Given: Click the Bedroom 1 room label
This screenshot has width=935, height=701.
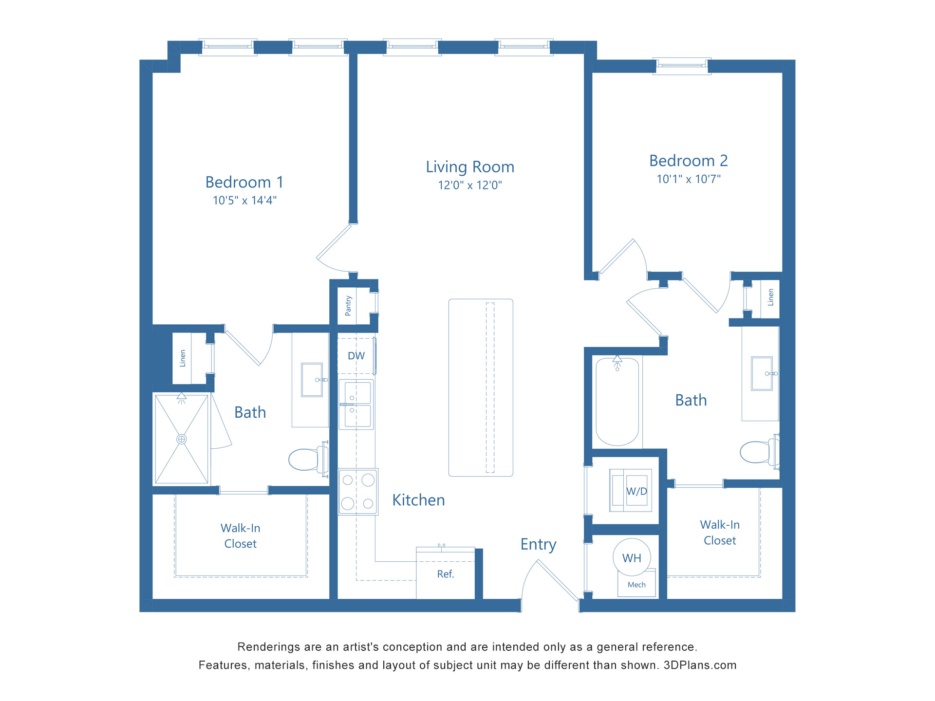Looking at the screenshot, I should click(244, 182).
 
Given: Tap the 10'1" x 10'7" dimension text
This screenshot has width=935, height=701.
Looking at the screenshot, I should click(688, 179).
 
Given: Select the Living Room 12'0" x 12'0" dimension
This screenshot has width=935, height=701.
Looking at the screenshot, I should click(469, 185).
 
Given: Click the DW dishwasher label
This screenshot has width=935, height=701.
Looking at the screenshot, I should click(356, 356).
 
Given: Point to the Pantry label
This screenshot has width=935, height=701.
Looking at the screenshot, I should click(348, 306).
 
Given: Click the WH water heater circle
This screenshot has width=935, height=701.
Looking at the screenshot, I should click(632, 558).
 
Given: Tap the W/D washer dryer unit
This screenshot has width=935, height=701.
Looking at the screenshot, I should click(631, 491).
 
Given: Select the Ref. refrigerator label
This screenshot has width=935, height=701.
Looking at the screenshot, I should click(445, 574).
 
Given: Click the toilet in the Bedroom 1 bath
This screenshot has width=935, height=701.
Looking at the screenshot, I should click(307, 459).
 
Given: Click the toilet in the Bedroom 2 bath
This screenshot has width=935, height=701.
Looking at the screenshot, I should click(758, 452).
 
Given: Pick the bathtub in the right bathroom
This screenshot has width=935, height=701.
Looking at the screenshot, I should click(617, 402).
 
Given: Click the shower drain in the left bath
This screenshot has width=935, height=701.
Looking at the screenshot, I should click(182, 439).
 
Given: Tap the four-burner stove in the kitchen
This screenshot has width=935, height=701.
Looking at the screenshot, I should click(358, 492).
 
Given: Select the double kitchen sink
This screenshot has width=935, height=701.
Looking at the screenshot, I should click(357, 405).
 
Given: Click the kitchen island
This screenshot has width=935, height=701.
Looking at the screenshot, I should click(480, 387).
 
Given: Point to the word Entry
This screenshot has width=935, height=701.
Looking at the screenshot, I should click(538, 544).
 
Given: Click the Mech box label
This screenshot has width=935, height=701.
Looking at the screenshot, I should click(636, 585).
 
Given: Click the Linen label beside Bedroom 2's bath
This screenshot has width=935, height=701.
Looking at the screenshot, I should click(770, 297).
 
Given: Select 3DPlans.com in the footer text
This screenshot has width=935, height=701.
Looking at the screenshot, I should click(700, 665).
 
